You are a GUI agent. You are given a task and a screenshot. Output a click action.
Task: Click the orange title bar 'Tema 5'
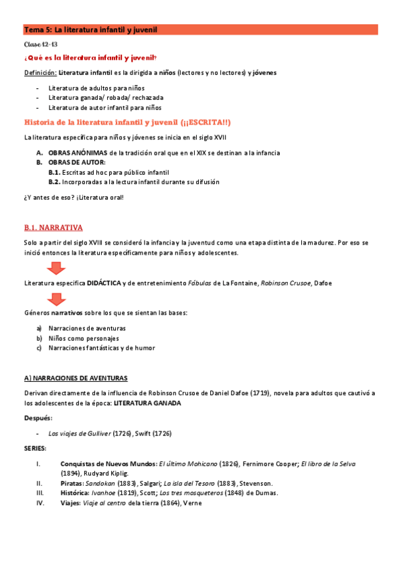[x=200, y=29]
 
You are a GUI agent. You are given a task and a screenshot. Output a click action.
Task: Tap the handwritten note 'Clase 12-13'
[x=36, y=44]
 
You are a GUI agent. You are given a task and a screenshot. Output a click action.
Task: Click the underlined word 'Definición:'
[x=39, y=72]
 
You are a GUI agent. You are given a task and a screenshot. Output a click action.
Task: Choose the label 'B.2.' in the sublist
[x=55, y=182]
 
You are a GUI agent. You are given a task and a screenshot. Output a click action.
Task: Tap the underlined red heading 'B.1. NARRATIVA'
[x=53, y=228]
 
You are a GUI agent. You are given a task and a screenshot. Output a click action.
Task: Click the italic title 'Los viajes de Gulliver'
[x=79, y=433]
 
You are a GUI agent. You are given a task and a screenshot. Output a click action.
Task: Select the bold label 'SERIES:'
[x=35, y=448]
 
